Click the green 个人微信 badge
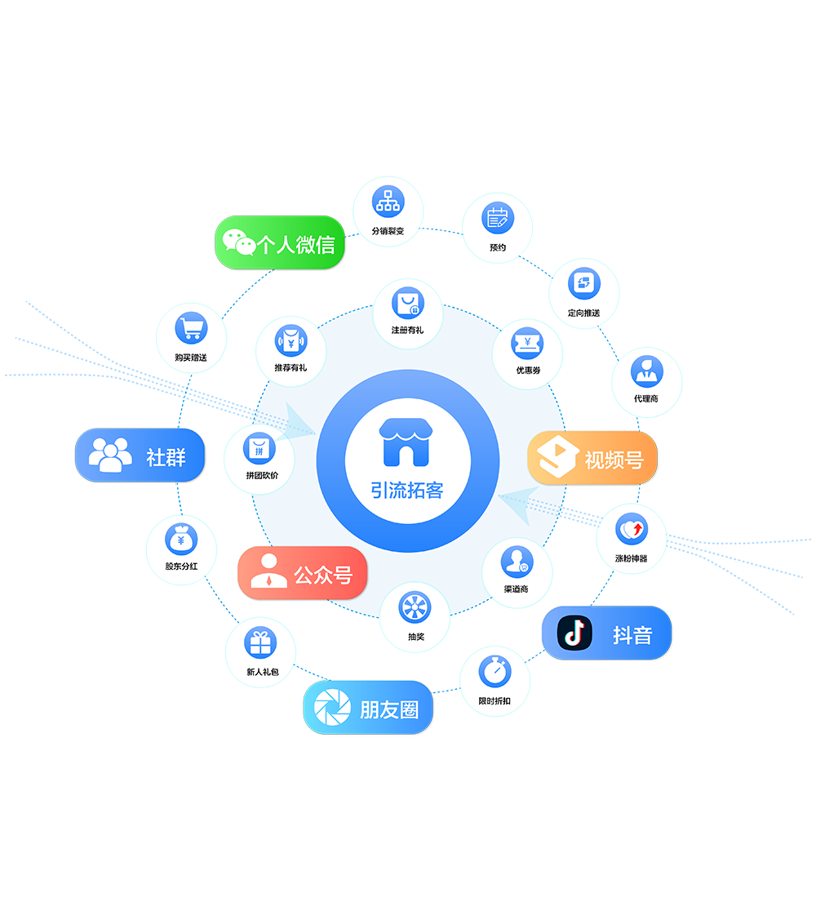point(279,242)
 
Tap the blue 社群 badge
point(140,455)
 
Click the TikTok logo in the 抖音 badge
point(574,633)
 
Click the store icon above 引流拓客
point(407,442)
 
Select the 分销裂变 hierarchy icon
point(387,201)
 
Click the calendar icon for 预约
point(498,218)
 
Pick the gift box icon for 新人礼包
point(261,643)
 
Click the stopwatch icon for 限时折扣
point(494,672)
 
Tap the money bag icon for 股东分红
point(180,539)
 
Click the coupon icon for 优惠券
point(527,343)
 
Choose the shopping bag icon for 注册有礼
point(407,303)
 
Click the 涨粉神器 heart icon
point(631,530)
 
